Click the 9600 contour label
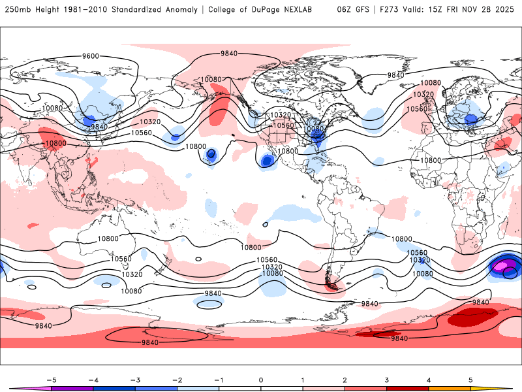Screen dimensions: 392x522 pyautogui.click(x=91, y=56)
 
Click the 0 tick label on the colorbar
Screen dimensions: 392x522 pyautogui.click(x=260, y=380)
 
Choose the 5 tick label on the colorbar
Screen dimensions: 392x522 pyautogui.click(x=470, y=380)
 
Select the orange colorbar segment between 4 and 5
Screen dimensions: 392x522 pyautogui.click(x=450, y=388)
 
